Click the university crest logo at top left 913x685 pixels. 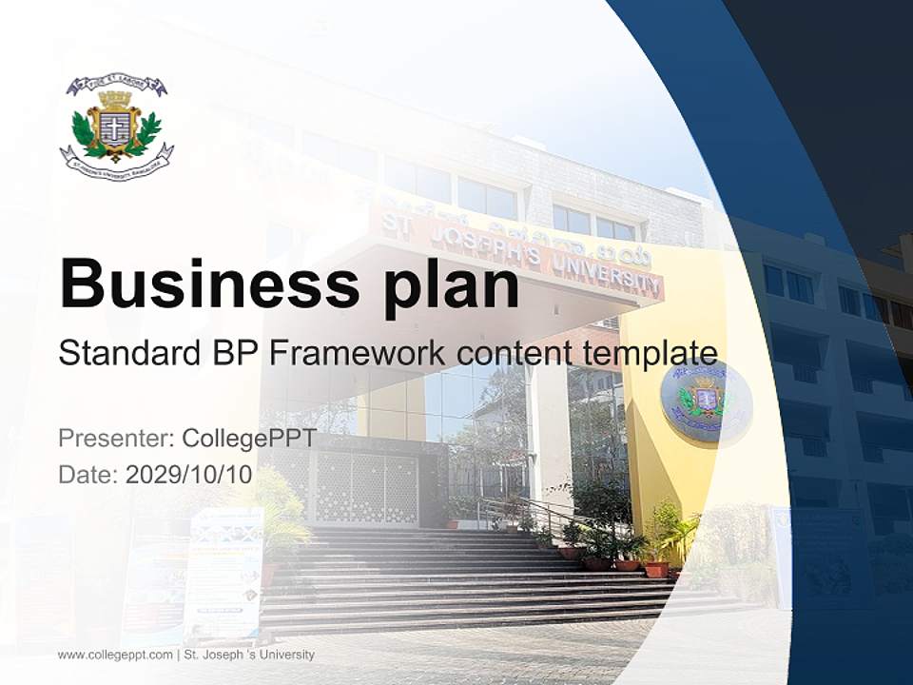[116, 127]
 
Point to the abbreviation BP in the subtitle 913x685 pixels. [227, 354]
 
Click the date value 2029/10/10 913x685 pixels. [188, 475]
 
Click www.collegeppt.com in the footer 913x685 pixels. [115, 656]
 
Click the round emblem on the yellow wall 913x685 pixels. [706, 400]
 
